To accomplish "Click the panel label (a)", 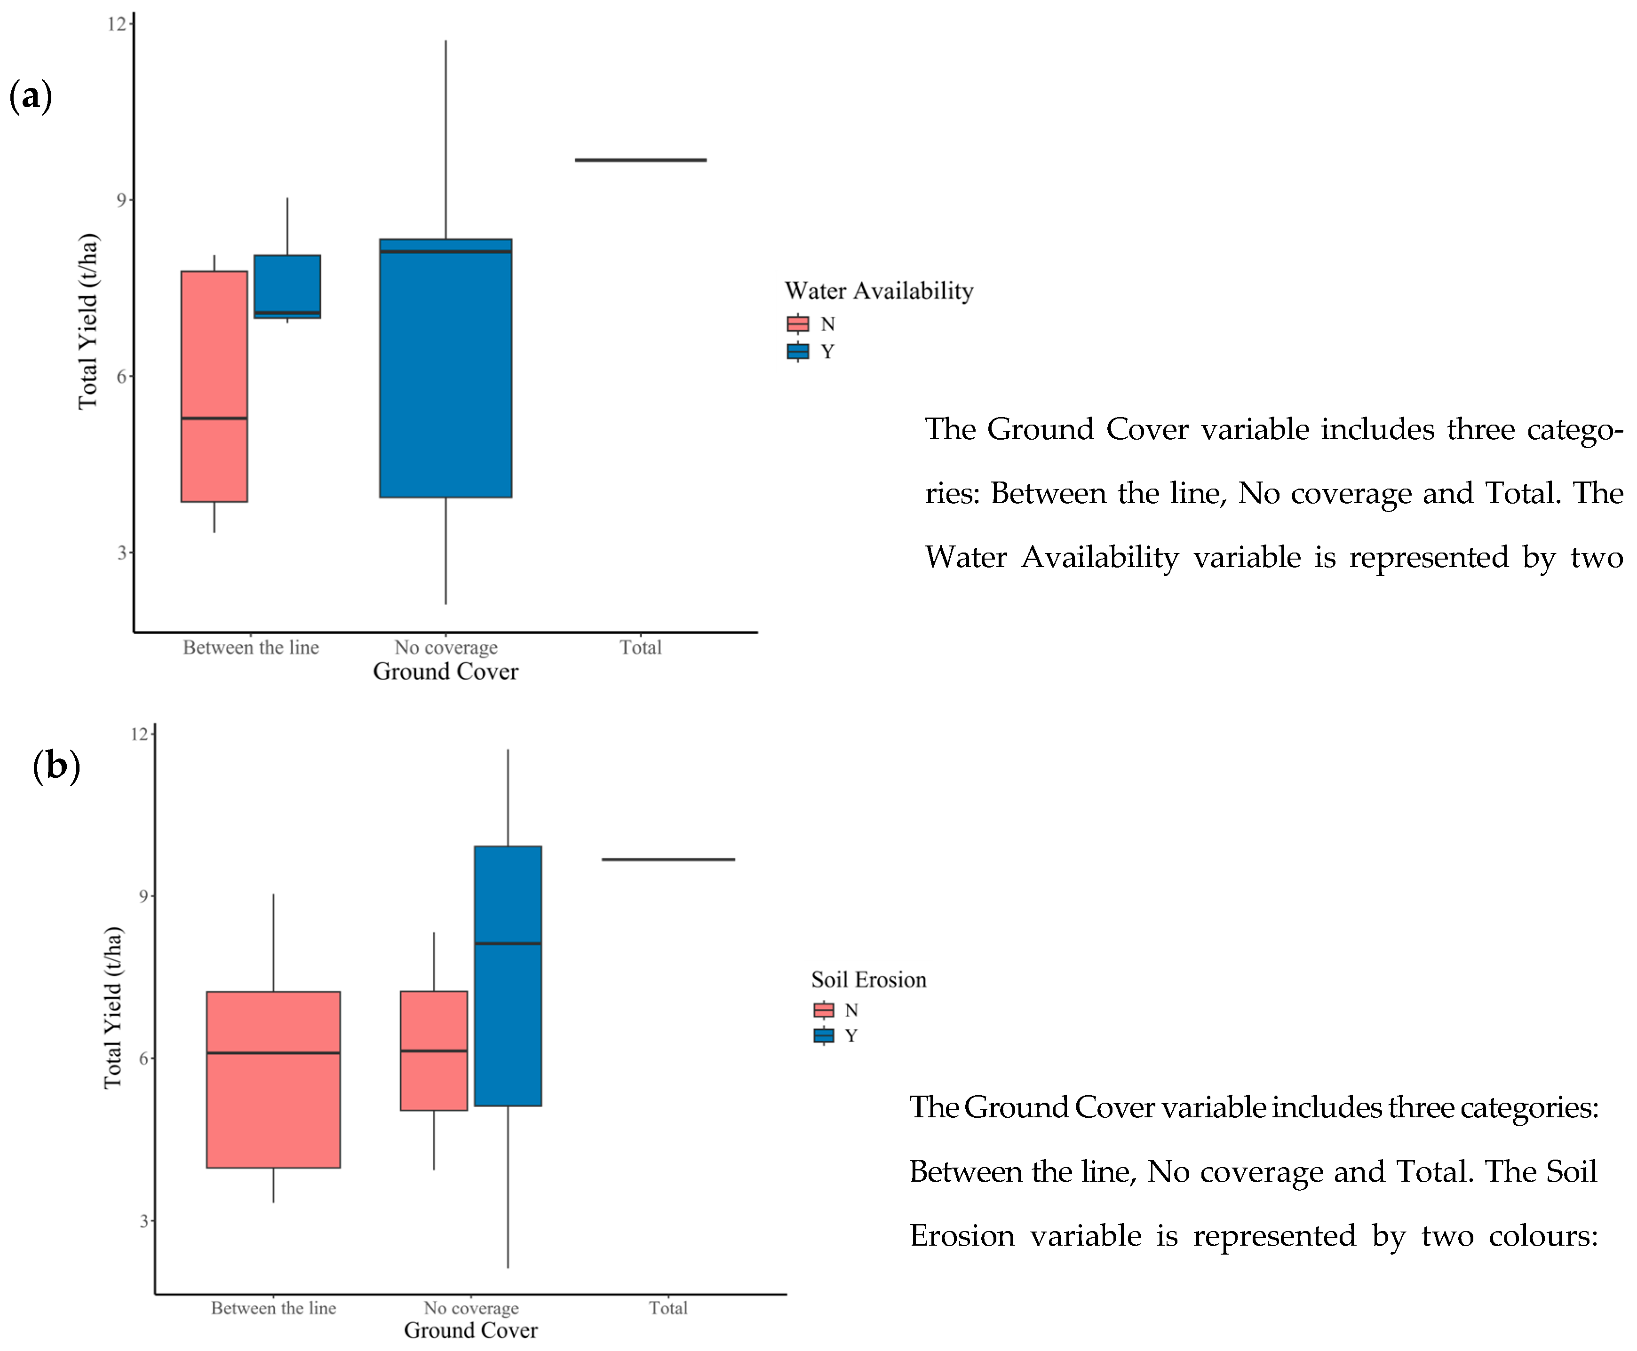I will click(x=31, y=96).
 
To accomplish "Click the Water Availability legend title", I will click(x=879, y=291).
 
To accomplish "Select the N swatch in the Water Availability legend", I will click(x=798, y=324).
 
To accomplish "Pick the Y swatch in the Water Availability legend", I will click(x=798, y=352).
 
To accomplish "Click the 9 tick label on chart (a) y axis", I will click(x=120, y=200).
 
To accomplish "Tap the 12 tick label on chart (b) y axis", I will click(x=139, y=734).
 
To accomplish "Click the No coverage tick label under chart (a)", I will click(x=445, y=648).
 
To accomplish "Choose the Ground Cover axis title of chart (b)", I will click(x=470, y=1330).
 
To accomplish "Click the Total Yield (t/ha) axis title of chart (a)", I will click(x=88, y=321).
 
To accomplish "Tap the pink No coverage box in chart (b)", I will click(x=434, y=1051).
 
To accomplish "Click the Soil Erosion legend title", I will click(x=869, y=980).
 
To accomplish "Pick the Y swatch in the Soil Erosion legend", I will click(x=824, y=1036).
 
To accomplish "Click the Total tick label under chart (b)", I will click(x=668, y=1308).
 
